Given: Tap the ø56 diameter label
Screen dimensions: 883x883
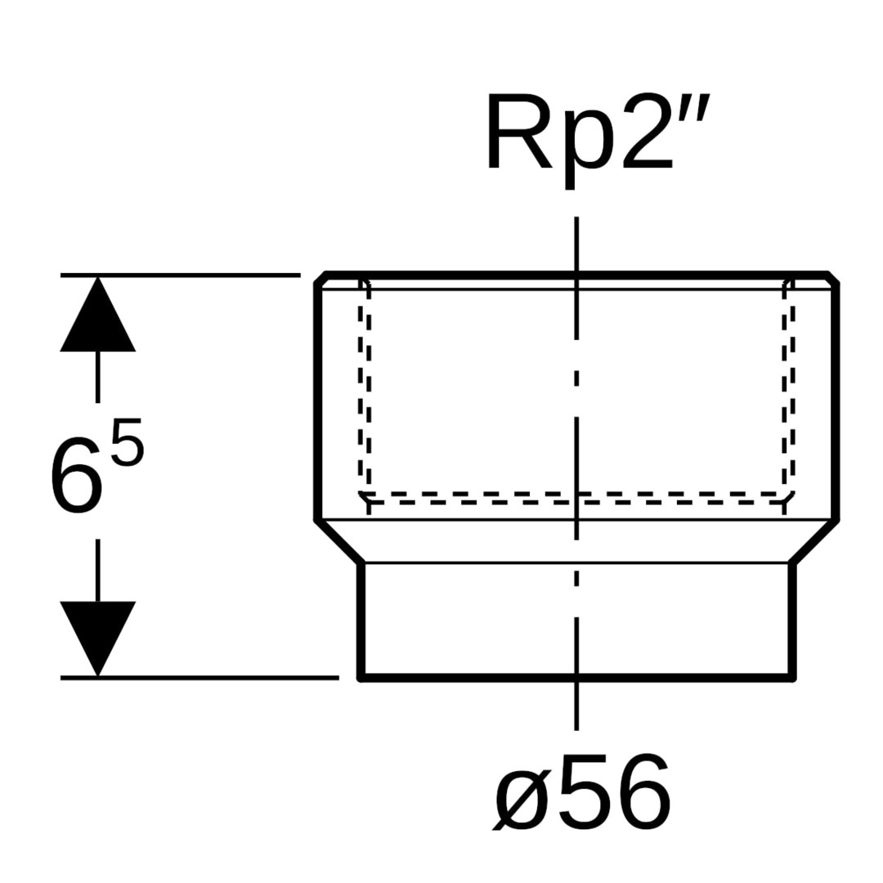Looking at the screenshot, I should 582,791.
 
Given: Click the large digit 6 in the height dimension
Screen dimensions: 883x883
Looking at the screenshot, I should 78,477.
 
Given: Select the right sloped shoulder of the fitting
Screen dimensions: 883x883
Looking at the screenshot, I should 814,541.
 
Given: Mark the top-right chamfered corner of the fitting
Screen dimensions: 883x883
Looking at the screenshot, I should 833,278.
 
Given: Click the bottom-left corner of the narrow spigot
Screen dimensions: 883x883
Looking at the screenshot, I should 361,677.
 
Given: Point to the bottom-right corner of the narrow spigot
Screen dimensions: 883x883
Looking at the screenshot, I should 792,677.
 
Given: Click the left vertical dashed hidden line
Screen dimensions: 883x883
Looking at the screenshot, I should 365,392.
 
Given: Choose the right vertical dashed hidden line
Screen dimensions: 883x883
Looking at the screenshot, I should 789,392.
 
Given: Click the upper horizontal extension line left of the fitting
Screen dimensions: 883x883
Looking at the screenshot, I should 180,275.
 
